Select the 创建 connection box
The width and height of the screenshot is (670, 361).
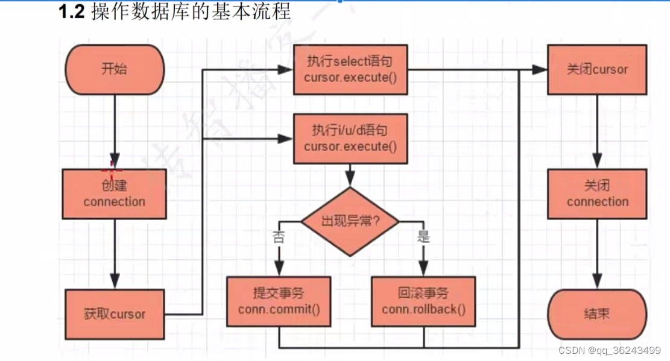click(115, 193)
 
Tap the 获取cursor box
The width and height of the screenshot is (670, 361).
click(115, 314)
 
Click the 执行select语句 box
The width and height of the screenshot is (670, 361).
click(350, 69)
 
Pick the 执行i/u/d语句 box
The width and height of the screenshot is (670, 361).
click(350, 139)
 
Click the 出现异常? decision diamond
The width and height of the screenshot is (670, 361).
click(350, 221)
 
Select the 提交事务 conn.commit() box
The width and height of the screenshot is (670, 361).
click(279, 302)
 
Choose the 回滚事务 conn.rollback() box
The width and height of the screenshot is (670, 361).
click(424, 302)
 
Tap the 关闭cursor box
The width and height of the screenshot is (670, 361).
click(597, 69)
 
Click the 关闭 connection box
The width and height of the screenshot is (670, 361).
click(597, 193)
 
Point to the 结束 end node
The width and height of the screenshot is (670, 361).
click(597, 313)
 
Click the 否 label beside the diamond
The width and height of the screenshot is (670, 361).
click(279, 236)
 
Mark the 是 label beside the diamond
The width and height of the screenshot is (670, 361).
click(424, 236)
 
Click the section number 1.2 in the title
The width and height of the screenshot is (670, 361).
click(71, 12)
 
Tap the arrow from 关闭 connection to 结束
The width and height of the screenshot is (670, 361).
click(597, 253)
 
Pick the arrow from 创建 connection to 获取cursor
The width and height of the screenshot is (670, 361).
click(115, 253)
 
